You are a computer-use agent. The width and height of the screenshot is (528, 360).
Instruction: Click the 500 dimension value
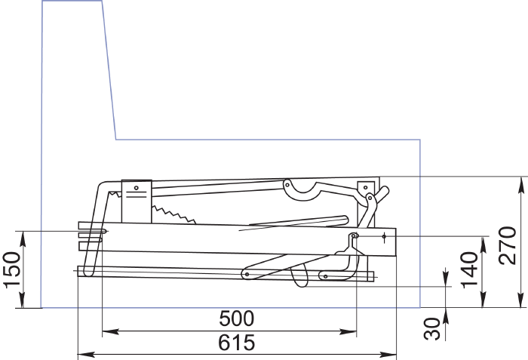[x=236, y=318]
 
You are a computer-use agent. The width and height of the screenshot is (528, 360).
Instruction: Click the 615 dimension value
[x=236, y=343]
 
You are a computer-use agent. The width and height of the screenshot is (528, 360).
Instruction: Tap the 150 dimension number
[x=12, y=270]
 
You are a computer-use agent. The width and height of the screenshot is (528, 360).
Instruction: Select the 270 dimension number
[x=508, y=245]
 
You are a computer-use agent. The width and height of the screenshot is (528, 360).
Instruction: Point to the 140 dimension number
[x=470, y=270]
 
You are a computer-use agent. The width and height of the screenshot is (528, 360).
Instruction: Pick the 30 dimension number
[x=432, y=328]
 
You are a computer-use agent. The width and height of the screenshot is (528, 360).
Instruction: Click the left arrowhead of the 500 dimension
[x=110, y=331]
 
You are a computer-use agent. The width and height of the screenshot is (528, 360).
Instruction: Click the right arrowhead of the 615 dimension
[x=388, y=354]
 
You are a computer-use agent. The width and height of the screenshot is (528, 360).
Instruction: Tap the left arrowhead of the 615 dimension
[x=86, y=354]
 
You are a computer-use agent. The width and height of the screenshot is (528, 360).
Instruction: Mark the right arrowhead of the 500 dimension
[x=348, y=331]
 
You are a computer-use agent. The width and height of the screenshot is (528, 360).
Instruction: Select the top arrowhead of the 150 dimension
[x=23, y=240]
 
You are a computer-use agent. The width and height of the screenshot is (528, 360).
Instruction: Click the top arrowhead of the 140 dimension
[x=483, y=245]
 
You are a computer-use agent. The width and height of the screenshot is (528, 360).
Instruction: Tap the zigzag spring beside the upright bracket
[x=173, y=214]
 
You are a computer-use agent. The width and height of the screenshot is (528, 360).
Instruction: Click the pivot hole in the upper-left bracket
[x=136, y=188]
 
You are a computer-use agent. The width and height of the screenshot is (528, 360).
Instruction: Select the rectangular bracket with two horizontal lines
[x=137, y=202]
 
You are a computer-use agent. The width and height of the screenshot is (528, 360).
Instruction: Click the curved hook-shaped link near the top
[x=302, y=190]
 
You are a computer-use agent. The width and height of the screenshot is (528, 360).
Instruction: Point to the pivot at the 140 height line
[x=353, y=236]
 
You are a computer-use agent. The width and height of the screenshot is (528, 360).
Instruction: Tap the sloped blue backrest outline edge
[x=109, y=69]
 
